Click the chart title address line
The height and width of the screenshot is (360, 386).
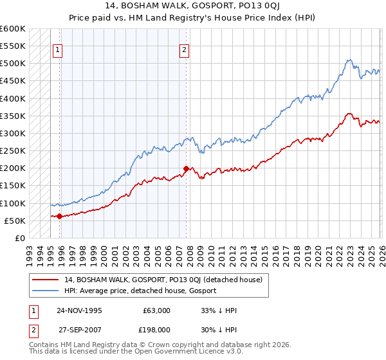(192, 6)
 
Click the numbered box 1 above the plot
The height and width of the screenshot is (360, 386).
(58, 50)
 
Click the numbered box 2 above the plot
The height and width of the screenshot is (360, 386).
(185, 50)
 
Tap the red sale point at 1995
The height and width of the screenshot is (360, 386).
(60, 216)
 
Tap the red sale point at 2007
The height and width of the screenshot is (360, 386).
(186, 169)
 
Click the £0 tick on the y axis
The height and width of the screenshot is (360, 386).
(19, 238)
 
